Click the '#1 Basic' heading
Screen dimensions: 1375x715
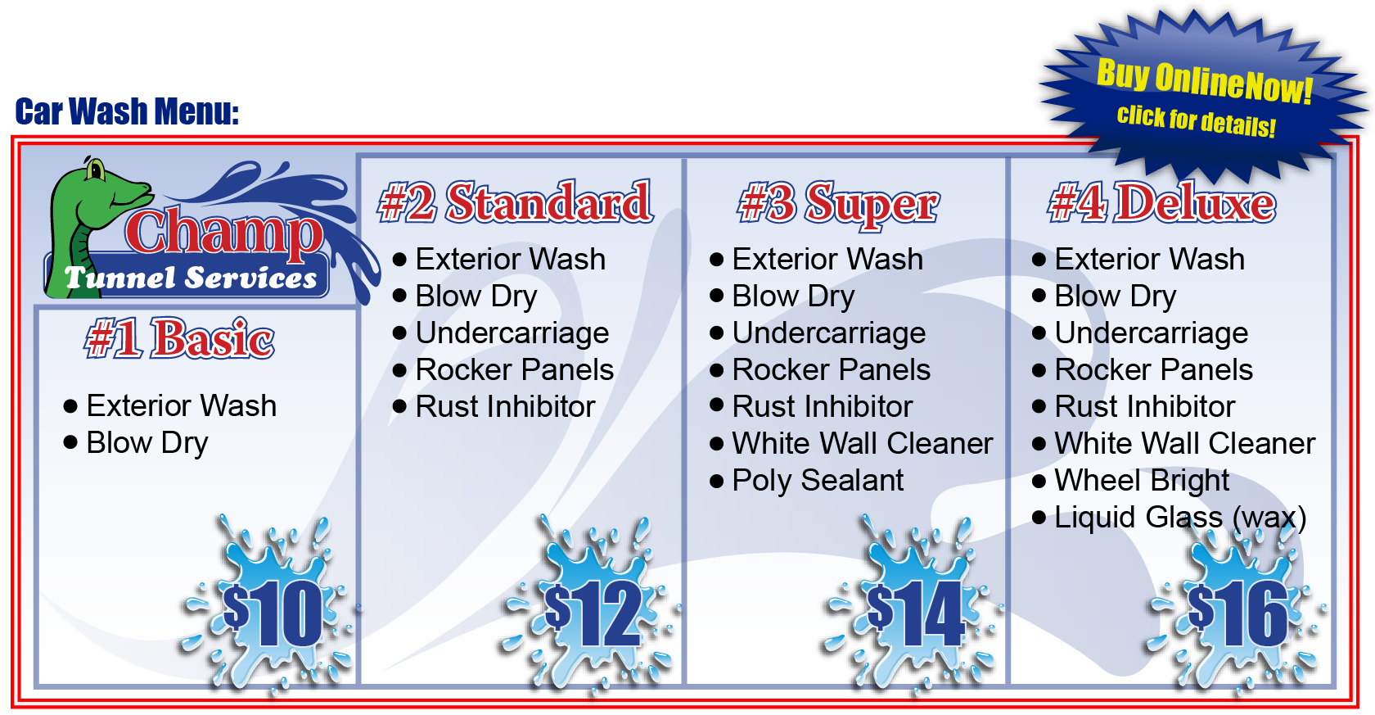coord(180,338)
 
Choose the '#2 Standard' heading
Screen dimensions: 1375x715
coord(516,202)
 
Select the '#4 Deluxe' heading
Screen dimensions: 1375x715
coord(1162,203)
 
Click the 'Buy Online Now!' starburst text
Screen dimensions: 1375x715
coord(1205,82)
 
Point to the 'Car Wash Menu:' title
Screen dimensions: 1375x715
coord(127,111)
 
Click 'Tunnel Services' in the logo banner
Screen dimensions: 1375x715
coord(190,278)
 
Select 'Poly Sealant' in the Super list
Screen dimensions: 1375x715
coord(818,481)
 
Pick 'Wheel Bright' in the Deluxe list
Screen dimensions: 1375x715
coord(1142,481)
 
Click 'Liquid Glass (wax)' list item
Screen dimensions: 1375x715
coord(1180,518)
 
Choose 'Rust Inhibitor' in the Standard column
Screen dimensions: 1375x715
coord(505,406)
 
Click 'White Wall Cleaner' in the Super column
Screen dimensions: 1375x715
coord(863,444)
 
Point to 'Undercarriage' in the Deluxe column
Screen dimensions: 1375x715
coord(1152,333)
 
